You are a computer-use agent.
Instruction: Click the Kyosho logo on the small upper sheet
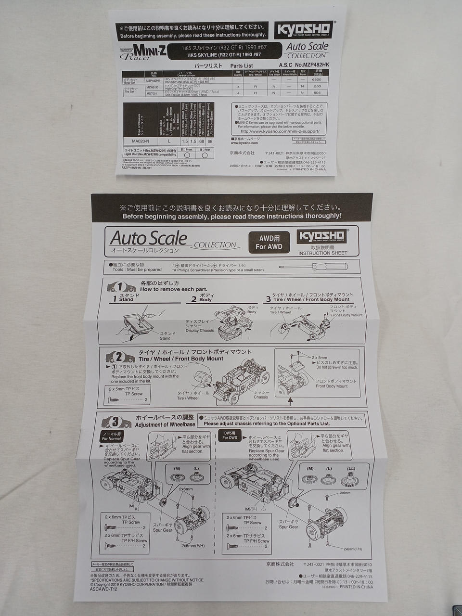click(303, 30)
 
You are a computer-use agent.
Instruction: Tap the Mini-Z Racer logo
click(143, 51)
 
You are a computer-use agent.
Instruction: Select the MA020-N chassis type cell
click(141, 141)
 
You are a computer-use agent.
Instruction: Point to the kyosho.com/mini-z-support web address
click(279, 131)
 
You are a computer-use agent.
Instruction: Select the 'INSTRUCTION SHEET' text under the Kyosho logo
click(322, 253)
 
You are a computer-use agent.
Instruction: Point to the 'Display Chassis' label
click(199, 328)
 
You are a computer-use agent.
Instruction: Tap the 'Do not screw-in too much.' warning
click(336, 367)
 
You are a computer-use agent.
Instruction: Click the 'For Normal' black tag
click(112, 436)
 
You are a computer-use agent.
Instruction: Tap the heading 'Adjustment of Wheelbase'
click(165, 424)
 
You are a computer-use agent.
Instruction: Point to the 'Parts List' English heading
click(241, 65)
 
